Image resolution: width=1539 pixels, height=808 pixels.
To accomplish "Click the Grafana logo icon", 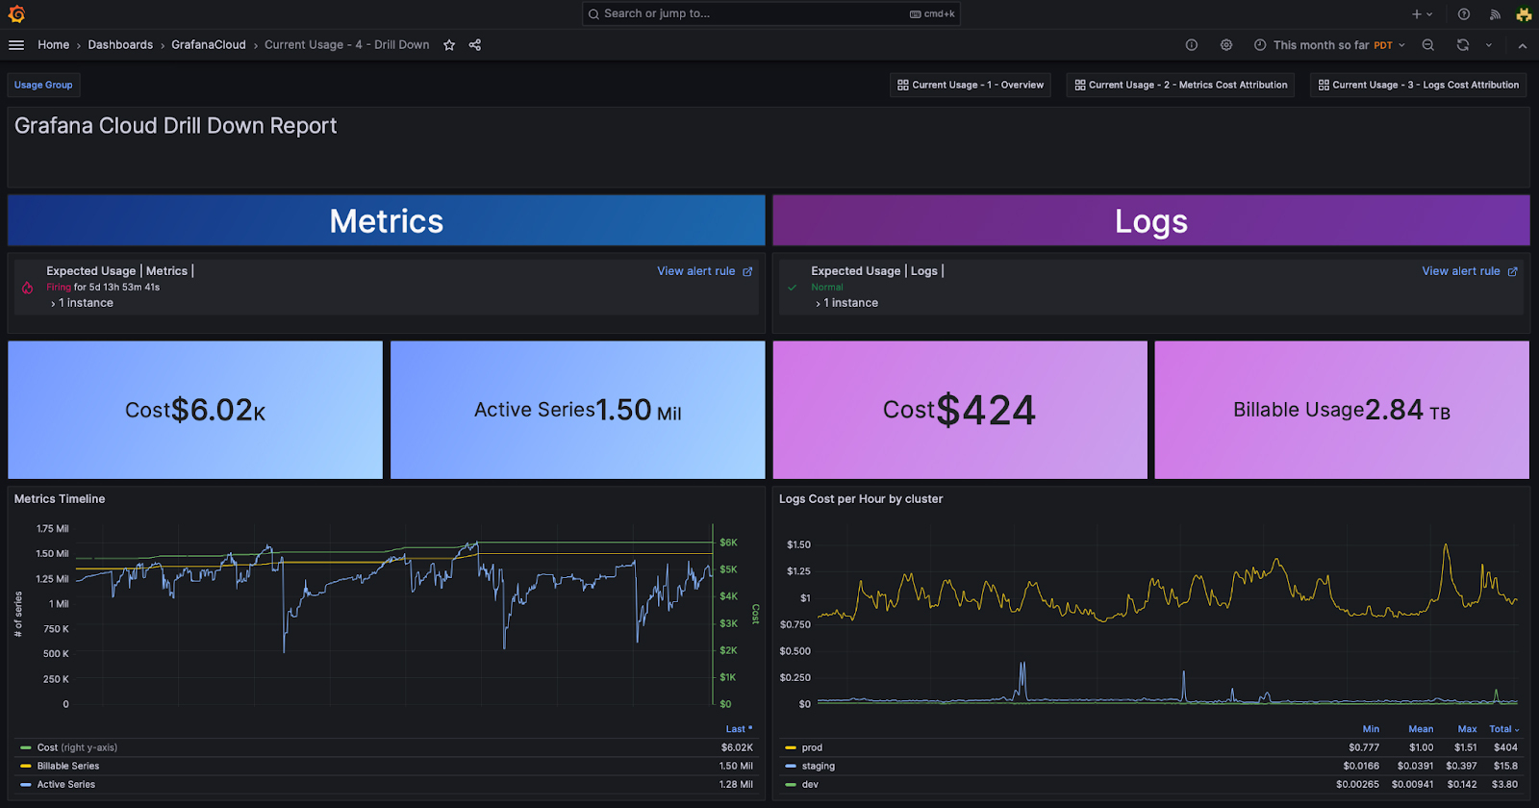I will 16,13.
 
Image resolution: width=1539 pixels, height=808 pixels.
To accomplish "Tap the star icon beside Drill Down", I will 449,45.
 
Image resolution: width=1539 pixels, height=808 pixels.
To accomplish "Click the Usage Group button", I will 43,85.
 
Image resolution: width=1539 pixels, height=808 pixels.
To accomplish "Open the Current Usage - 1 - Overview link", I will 970,85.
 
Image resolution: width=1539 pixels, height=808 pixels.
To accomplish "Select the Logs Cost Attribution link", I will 1419,85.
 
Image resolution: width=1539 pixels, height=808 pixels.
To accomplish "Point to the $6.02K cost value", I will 217,411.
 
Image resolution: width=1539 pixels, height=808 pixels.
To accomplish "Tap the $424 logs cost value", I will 985,411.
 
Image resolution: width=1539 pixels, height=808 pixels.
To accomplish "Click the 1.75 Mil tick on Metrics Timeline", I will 53,529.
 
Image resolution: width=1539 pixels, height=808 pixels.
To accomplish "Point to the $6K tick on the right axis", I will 728,543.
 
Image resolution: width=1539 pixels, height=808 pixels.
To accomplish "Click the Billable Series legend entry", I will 67,766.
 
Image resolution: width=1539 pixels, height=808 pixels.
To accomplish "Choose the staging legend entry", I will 818,766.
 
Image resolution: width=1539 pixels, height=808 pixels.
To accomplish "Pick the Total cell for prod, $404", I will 1505,747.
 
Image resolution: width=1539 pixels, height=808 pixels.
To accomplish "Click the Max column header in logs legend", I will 1467,729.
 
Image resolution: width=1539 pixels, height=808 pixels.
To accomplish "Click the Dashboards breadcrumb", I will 120,45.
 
